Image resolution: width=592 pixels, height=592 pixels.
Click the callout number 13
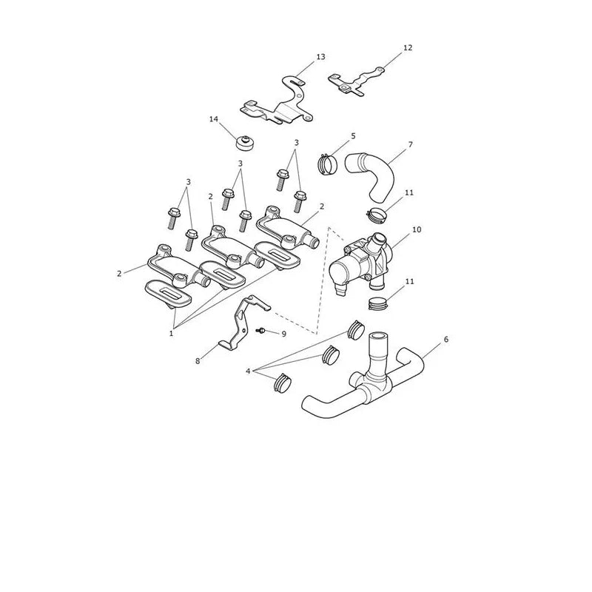tap(320, 57)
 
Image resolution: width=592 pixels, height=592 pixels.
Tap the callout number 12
tap(408, 48)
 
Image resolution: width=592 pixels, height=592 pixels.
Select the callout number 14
tap(214, 119)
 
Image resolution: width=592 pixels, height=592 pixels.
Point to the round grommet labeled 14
tap(244, 142)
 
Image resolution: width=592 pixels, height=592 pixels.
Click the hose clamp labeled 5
tap(328, 164)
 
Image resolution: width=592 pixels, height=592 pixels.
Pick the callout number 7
tap(411, 144)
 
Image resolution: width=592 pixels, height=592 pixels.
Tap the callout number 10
tap(417, 229)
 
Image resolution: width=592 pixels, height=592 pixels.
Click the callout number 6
tap(446, 340)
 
